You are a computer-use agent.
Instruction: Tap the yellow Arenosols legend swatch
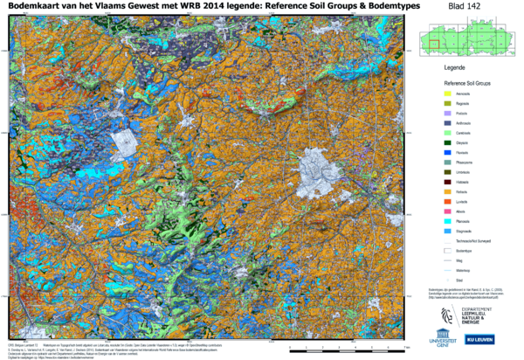(x=446, y=93)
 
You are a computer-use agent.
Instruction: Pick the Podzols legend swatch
(x=446, y=114)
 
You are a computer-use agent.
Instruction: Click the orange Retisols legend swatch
(x=446, y=191)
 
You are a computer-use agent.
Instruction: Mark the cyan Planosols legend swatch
(x=446, y=221)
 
